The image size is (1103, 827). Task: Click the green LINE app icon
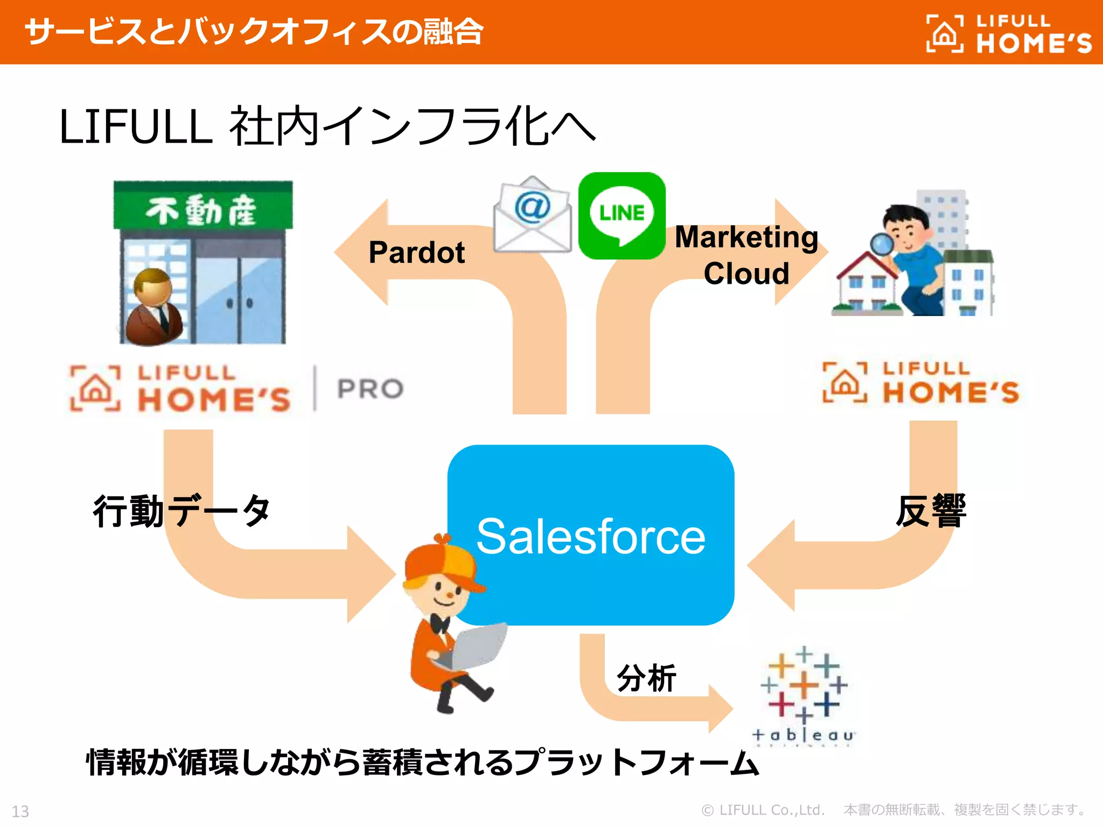pyautogui.click(x=622, y=216)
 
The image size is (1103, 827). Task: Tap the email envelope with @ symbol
pyautogui.click(x=532, y=215)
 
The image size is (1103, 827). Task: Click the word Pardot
pyautogui.click(x=416, y=253)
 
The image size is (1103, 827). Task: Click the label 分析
pyautogui.click(x=646, y=678)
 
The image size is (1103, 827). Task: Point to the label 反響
pyautogui.click(x=931, y=511)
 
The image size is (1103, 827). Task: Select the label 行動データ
pyautogui.click(x=181, y=511)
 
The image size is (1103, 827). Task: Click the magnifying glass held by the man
pyautogui.click(x=881, y=246)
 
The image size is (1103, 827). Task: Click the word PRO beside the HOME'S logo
pyautogui.click(x=370, y=389)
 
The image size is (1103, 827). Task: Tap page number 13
pyautogui.click(x=20, y=811)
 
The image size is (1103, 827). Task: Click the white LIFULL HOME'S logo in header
pyautogui.click(x=1008, y=34)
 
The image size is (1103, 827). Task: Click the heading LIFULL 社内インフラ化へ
pyautogui.click(x=326, y=127)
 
